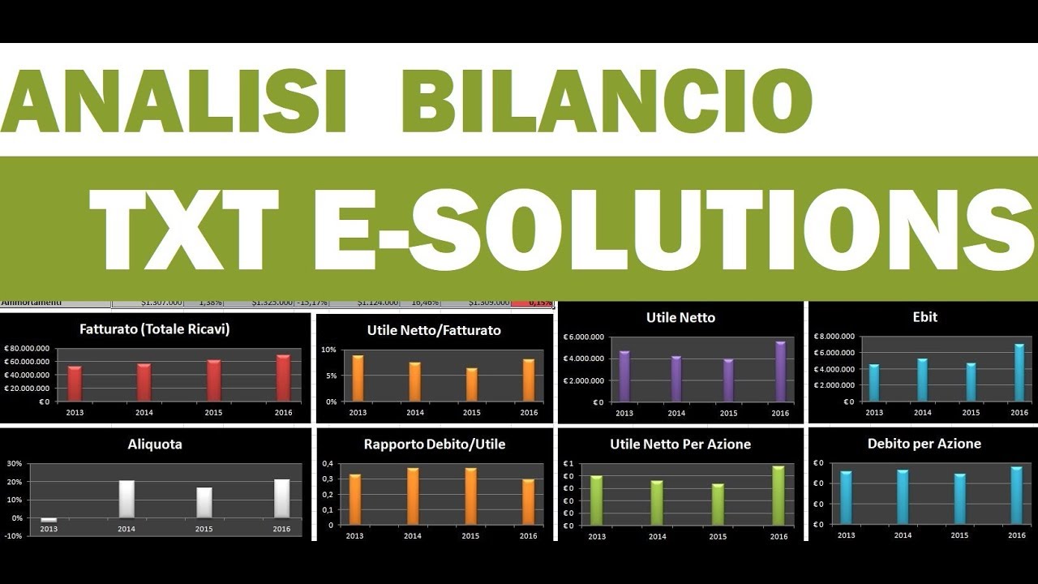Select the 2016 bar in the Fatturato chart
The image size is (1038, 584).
click(283, 378)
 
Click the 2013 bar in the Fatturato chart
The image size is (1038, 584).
click(75, 384)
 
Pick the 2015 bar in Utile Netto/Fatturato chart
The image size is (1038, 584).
click(472, 384)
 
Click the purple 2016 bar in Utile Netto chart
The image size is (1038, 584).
click(780, 371)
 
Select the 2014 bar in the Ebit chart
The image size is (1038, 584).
click(923, 380)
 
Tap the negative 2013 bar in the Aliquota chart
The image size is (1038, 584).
click(49, 520)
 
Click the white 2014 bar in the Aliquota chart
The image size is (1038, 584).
click(127, 499)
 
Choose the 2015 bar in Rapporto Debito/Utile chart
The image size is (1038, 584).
click(471, 496)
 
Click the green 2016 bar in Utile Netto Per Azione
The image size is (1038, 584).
click(778, 496)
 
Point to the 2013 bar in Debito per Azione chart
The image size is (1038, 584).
click(847, 497)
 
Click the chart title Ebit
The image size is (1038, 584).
click(924, 317)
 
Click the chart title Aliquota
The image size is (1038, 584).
click(155, 444)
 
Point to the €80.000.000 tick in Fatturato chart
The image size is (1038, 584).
click(27, 349)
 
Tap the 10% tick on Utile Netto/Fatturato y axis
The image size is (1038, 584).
click(329, 350)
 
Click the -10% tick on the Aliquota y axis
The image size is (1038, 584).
click(14, 536)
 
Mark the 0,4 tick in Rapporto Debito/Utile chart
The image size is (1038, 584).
click(328, 463)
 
